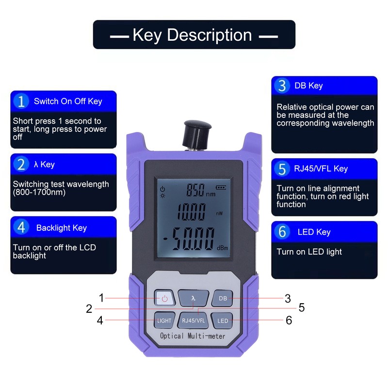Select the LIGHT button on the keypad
pos(164,321)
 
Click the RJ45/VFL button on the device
pos(193,321)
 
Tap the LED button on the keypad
pos(223,321)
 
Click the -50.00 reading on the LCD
pos(189,238)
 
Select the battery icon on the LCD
pos(221,186)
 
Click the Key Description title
pos(194,35)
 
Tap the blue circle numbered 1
pos(21,101)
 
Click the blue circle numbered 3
pos(282,86)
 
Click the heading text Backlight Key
pos(61,228)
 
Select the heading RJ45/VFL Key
pos(321,169)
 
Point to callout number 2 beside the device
pos(89,309)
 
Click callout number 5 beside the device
pos(301,307)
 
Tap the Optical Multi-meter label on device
pos(193,336)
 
